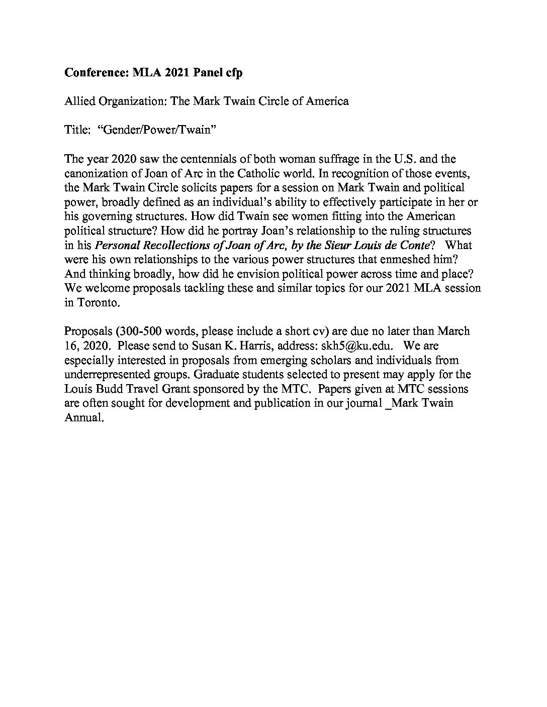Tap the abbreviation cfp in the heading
232,73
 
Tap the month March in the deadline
453,331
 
